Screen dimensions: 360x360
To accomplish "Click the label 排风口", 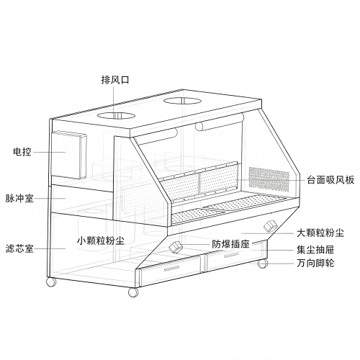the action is (115, 79).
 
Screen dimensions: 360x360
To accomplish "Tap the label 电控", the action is (22, 152).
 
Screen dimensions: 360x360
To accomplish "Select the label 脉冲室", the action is (19, 199).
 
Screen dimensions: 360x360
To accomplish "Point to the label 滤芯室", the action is (19, 248).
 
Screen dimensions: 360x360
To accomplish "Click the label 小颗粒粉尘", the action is (101, 240).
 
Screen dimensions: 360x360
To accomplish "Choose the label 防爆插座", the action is (230, 244).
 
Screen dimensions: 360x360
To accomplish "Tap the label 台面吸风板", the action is (330, 179).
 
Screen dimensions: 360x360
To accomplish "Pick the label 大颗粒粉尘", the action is (320, 233).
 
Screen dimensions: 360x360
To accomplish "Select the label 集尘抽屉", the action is (315, 250).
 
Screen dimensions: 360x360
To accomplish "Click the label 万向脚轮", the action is (315, 264).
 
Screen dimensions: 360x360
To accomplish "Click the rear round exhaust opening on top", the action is (182, 101).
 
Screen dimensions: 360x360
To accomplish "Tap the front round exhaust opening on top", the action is (116, 115).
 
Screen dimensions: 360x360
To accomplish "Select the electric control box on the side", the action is (69, 155).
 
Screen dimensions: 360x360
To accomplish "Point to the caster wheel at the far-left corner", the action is (51, 282).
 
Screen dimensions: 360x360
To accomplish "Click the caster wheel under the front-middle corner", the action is (133, 292).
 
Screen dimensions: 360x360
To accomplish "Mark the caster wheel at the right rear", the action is (263, 264).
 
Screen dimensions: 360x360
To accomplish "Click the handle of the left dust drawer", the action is (172, 269).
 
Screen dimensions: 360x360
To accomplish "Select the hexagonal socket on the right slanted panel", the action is (271, 225).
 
